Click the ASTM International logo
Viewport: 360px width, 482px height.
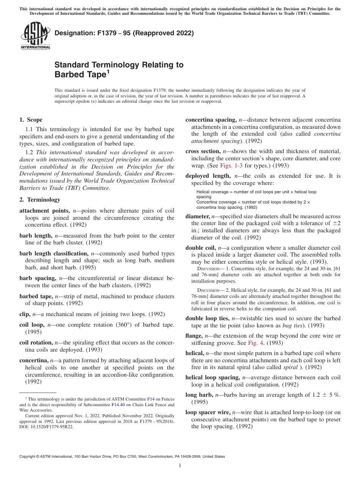click(35, 36)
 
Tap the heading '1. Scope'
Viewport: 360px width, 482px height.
click(31, 120)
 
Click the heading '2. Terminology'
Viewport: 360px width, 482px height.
click(40, 200)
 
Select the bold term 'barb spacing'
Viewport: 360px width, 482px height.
click(36, 278)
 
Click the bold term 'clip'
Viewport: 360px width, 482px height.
click(25, 314)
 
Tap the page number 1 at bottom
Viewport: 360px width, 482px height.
click(180, 466)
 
